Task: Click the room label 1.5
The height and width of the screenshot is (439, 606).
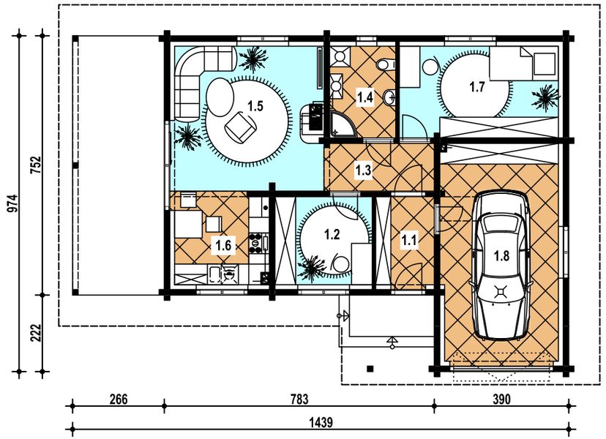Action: point(255,105)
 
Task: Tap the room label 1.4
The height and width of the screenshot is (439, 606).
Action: point(365,97)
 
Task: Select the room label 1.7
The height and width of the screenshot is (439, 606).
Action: point(477,87)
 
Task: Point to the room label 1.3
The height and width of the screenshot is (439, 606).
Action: point(363,170)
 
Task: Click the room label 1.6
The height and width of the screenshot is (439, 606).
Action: point(223,245)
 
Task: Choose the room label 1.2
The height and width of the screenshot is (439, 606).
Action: point(332,234)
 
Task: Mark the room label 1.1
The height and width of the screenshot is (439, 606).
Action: point(409,241)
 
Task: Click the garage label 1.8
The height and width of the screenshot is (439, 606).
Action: point(501,256)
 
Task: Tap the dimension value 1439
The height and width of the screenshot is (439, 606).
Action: point(321,422)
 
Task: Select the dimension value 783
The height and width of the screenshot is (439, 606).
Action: point(299,399)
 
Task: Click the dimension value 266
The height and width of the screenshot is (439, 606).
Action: point(119,399)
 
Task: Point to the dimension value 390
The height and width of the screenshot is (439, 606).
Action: point(501,399)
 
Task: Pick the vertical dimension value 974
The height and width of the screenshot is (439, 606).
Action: point(12,203)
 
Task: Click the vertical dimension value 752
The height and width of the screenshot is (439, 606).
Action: point(36,165)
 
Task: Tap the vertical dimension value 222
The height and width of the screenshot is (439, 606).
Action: point(36,333)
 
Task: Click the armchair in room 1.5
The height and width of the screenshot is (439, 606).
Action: point(240,127)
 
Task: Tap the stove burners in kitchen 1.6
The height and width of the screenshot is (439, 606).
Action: point(255,243)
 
